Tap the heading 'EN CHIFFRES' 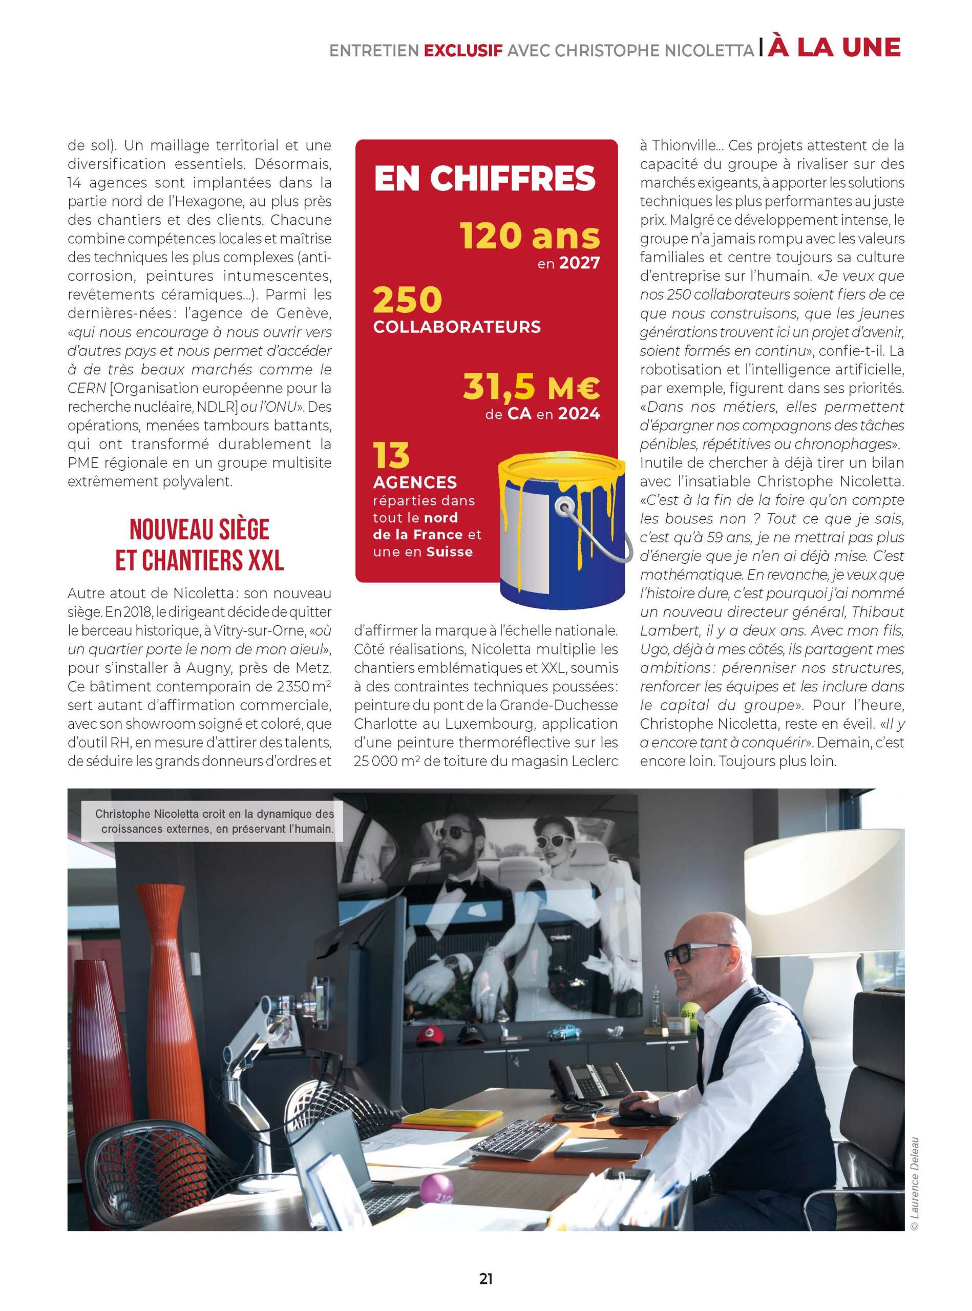[x=485, y=178]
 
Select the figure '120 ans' [x=530, y=237]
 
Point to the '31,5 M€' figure [x=531, y=387]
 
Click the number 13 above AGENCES [x=391, y=455]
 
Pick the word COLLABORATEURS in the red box [x=457, y=327]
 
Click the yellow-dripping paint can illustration [x=562, y=530]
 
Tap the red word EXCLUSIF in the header [x=463, y=51]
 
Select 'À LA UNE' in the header [x=834, y=48]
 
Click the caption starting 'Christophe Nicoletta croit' [x=214, y=821]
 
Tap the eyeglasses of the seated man [x=687, y=954]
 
